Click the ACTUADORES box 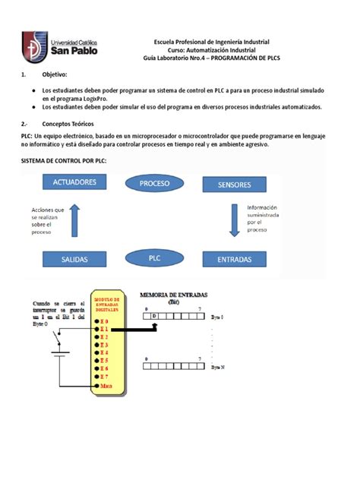click(x=74, y=182)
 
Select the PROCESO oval click(x=154, y=183)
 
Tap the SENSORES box click(x=234, y=185)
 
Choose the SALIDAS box click(x=74, y=259)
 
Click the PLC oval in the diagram click(x=154, y=258)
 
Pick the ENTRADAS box click(x=234, y=259)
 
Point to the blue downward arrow click(x=235, y=221)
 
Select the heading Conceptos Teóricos click(x=71, y=122)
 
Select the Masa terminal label click(x=105, y=386)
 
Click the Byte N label click(x=217, y=366)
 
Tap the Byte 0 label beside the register click(x=217, y=315)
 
